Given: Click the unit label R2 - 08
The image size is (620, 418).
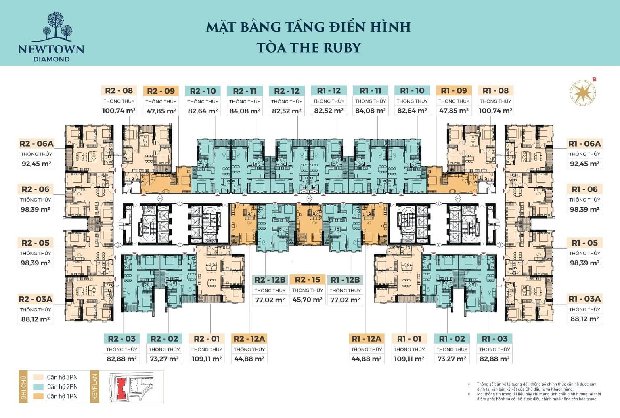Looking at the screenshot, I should pyautogui.click(x=119, y=91).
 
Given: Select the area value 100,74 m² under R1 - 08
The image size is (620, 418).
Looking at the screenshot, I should pyautogui.click(x=495, y=111).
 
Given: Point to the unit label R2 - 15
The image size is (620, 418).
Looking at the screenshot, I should pyautogui.click(x=308, y=280).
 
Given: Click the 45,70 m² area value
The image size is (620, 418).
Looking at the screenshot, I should pyautogui.click(x=308, y=300).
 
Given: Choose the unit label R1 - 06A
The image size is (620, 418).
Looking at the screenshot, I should pyautogui.click(x=584, y=144).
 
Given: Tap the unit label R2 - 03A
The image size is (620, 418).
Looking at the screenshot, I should pyautogui.click(x=36, y=299).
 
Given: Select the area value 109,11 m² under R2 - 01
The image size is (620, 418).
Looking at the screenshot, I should pyautogui.click(x=207, y=359).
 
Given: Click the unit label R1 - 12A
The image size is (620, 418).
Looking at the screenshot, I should pyautogui.click(x=366, y=339).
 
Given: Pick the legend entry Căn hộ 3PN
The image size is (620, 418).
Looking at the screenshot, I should pyautogui.click(x=62, y=377).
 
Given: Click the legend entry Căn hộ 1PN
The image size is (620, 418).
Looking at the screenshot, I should pyautogui.click(x=62, y=396).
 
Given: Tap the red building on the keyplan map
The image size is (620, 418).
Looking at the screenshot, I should pyautogui.click(x=120, y=389).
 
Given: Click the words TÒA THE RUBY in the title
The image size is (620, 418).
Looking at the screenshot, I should pyautogui.click(x=309, y=48).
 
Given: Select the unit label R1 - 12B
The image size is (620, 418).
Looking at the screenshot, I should pyautogui.click(x=345, y=280).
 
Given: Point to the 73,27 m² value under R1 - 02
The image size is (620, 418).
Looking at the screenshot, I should pyautogui.click(x=452, y=359).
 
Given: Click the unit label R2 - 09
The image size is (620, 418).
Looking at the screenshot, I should pyautogui.click(x=161, y=91).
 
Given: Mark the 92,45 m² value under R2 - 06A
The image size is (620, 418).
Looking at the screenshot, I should pyautogui.click(x=36, y=164).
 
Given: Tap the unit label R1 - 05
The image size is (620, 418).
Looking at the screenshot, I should pyautogui.click(x=584, y=243).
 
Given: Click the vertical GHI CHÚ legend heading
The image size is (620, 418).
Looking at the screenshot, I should pyautogui.click(x=23, y=386).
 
